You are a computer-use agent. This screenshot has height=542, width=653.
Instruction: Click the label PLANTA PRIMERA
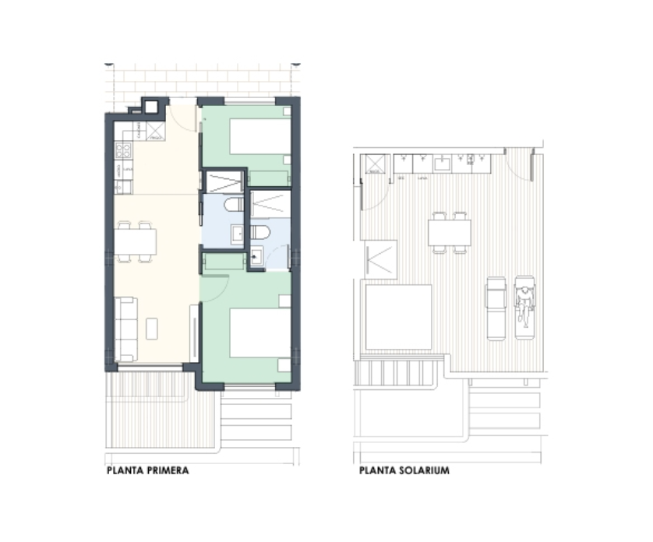pyautogui.click(x=147, y=471)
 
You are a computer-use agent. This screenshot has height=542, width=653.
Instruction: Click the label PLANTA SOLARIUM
pyautogui.click(x=404, y=471)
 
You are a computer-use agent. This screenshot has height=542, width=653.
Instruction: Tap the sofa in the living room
pyautogui.click(x=125, y=329)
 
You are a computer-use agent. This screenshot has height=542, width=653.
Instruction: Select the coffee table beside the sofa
pyautogui.click(x=152, y=328)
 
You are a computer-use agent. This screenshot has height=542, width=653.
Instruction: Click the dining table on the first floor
pyautogui.click(x=136, y=241)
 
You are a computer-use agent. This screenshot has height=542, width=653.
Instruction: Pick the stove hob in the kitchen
pyautogui.click(x=124, y=150)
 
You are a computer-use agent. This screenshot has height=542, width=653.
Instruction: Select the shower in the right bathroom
pyautogui.click(x=269, y=202)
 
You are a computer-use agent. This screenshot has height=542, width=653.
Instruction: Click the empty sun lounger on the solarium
pyautogui.click(x=496, y=308)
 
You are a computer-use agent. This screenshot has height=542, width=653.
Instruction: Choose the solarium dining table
pyautogui.click(x=450, y=232)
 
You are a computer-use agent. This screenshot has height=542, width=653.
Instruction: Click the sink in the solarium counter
pyautogui.click(x=442, y=163)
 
